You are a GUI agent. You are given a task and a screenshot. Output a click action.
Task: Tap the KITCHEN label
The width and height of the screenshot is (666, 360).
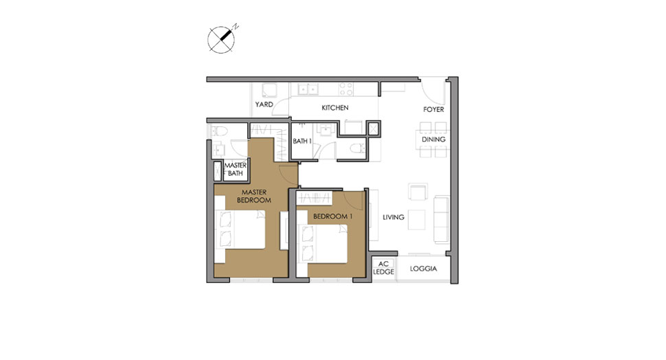335,108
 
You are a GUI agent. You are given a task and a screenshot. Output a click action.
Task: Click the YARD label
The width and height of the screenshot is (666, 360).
264,105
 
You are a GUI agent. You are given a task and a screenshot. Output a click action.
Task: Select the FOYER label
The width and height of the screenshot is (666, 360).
433,109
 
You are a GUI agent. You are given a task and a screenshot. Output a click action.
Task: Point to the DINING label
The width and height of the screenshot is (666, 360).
433,139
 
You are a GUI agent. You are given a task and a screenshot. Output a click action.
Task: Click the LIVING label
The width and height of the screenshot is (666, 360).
393,218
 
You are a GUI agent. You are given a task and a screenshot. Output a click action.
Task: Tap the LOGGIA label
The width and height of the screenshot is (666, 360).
423,269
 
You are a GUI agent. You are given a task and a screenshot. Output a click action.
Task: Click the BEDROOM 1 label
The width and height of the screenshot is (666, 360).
332,216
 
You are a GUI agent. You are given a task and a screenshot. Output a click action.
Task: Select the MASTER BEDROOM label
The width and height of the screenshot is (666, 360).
253,196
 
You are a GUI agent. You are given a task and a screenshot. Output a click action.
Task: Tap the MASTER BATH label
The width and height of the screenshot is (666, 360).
235,169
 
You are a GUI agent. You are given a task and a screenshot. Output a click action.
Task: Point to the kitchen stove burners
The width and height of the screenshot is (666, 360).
345,89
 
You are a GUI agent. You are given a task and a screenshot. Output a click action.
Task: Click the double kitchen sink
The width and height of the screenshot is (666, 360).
306,89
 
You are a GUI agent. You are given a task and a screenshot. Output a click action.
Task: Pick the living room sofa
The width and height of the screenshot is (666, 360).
440,214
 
